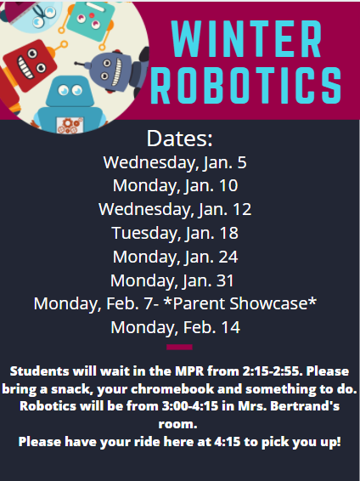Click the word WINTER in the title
point(246,39)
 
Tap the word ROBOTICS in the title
point(246,85)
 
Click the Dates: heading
point(179,139)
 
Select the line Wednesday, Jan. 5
point(175,162)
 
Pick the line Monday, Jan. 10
point(175,186)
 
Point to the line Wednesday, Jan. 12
point(175,210)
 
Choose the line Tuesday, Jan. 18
point(175,233)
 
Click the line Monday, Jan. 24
point(175,257)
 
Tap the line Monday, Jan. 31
point(172,280)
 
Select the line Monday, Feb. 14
point(175,327)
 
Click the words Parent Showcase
point(240,303)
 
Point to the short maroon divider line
point(179,347)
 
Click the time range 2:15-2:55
point(270,371)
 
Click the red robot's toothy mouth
point(25,67)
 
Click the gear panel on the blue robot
point(70,125)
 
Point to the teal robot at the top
point(90,20)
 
